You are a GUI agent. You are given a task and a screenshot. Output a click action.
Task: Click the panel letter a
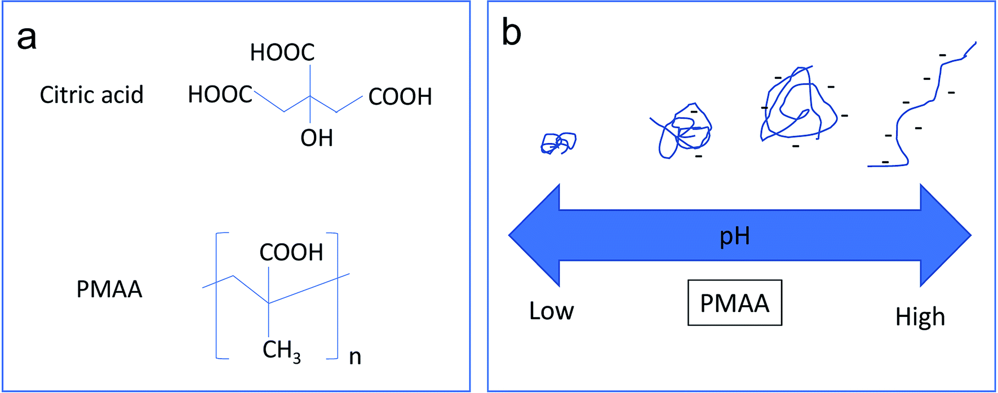coord(27,39)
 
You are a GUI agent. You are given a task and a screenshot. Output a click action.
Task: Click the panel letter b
coord(511,33)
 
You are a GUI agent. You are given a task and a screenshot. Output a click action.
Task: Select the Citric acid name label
coord(91,95)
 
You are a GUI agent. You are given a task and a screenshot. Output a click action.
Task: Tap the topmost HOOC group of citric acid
coord(282,52)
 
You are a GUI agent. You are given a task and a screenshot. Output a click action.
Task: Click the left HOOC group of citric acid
coord(220,95)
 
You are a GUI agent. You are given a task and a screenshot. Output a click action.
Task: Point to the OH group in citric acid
coord(317,138)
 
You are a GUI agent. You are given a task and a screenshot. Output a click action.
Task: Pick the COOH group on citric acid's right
coord(400,97)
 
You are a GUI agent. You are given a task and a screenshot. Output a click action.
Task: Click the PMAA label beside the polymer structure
coord(109,289)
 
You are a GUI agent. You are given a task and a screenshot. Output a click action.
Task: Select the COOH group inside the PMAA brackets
coord(291,253)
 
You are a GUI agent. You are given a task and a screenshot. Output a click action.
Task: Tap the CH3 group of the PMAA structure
coord(282,351)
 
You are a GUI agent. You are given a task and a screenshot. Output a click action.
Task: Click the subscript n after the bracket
coord(355,357)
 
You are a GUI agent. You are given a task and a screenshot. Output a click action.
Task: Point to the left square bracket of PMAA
coord(217,296)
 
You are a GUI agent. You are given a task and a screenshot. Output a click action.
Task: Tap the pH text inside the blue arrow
coord(735,236)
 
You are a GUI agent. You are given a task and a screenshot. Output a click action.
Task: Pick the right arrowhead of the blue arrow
coord(946,235)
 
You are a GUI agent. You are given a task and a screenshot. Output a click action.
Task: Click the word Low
coord(551,311)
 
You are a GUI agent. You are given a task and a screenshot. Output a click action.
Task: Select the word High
coord(920,318)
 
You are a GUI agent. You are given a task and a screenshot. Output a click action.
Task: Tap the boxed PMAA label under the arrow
coord(735,303)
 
